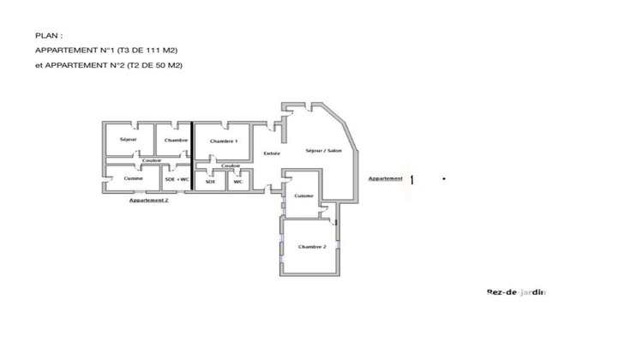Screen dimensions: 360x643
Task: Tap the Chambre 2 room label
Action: tap(312, 247)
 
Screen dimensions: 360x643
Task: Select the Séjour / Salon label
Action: tap(321, 150)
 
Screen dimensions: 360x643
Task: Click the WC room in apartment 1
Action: tap(238, 181)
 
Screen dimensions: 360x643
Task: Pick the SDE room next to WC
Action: tap(210, 181)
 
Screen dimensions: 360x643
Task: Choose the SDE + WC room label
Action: tap(176, 178)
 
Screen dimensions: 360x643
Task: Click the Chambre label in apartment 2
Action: tap(176, 140)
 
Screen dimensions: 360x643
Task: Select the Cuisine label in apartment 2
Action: tap(133, 177)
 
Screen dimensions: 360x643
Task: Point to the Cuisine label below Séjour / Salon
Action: tap(303, 196)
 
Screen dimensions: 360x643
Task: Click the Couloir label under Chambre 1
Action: tap(230, 165)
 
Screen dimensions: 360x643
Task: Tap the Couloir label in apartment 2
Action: tap(152, 160)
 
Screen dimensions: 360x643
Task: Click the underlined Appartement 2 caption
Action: tap(148, 200)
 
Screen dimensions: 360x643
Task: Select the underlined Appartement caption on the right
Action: tap(386, 178)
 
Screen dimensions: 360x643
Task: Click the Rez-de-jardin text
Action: tap(515, 291)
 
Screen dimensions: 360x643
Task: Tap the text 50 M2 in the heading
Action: tap(167, 65)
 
